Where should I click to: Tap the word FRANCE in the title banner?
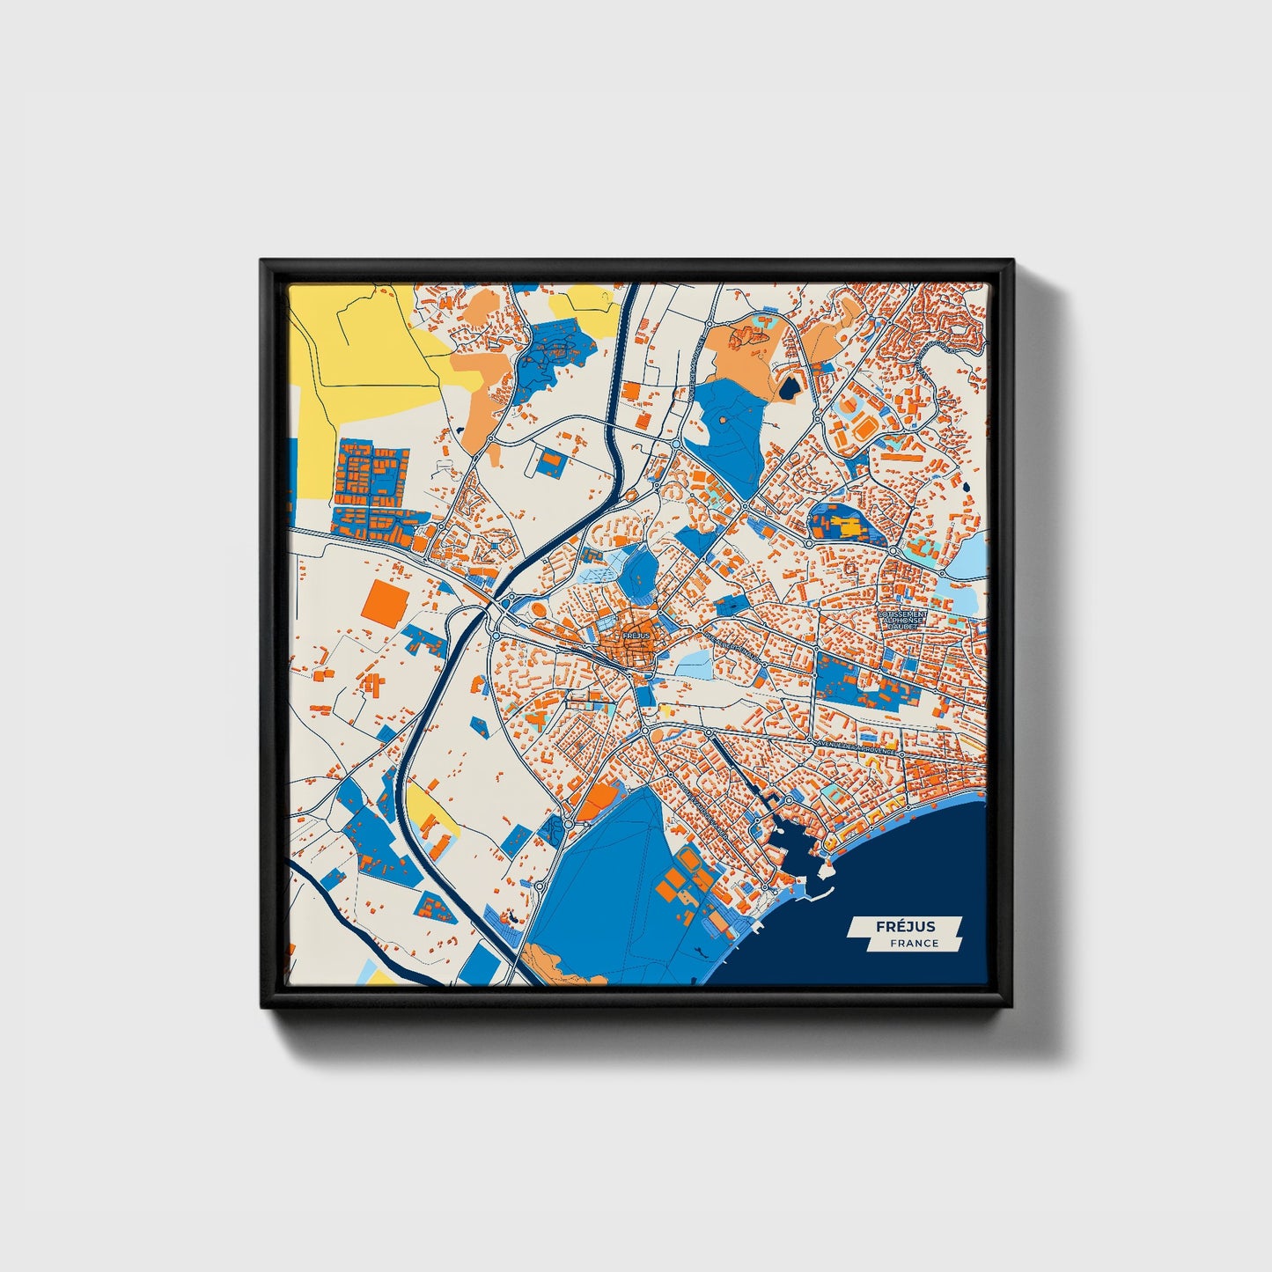pos(913,944)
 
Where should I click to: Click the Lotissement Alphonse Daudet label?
pos(901,620)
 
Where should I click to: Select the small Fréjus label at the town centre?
pos(635,635)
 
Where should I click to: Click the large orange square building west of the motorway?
pos(386,603)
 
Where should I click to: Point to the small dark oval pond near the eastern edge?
pos(966,485)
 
